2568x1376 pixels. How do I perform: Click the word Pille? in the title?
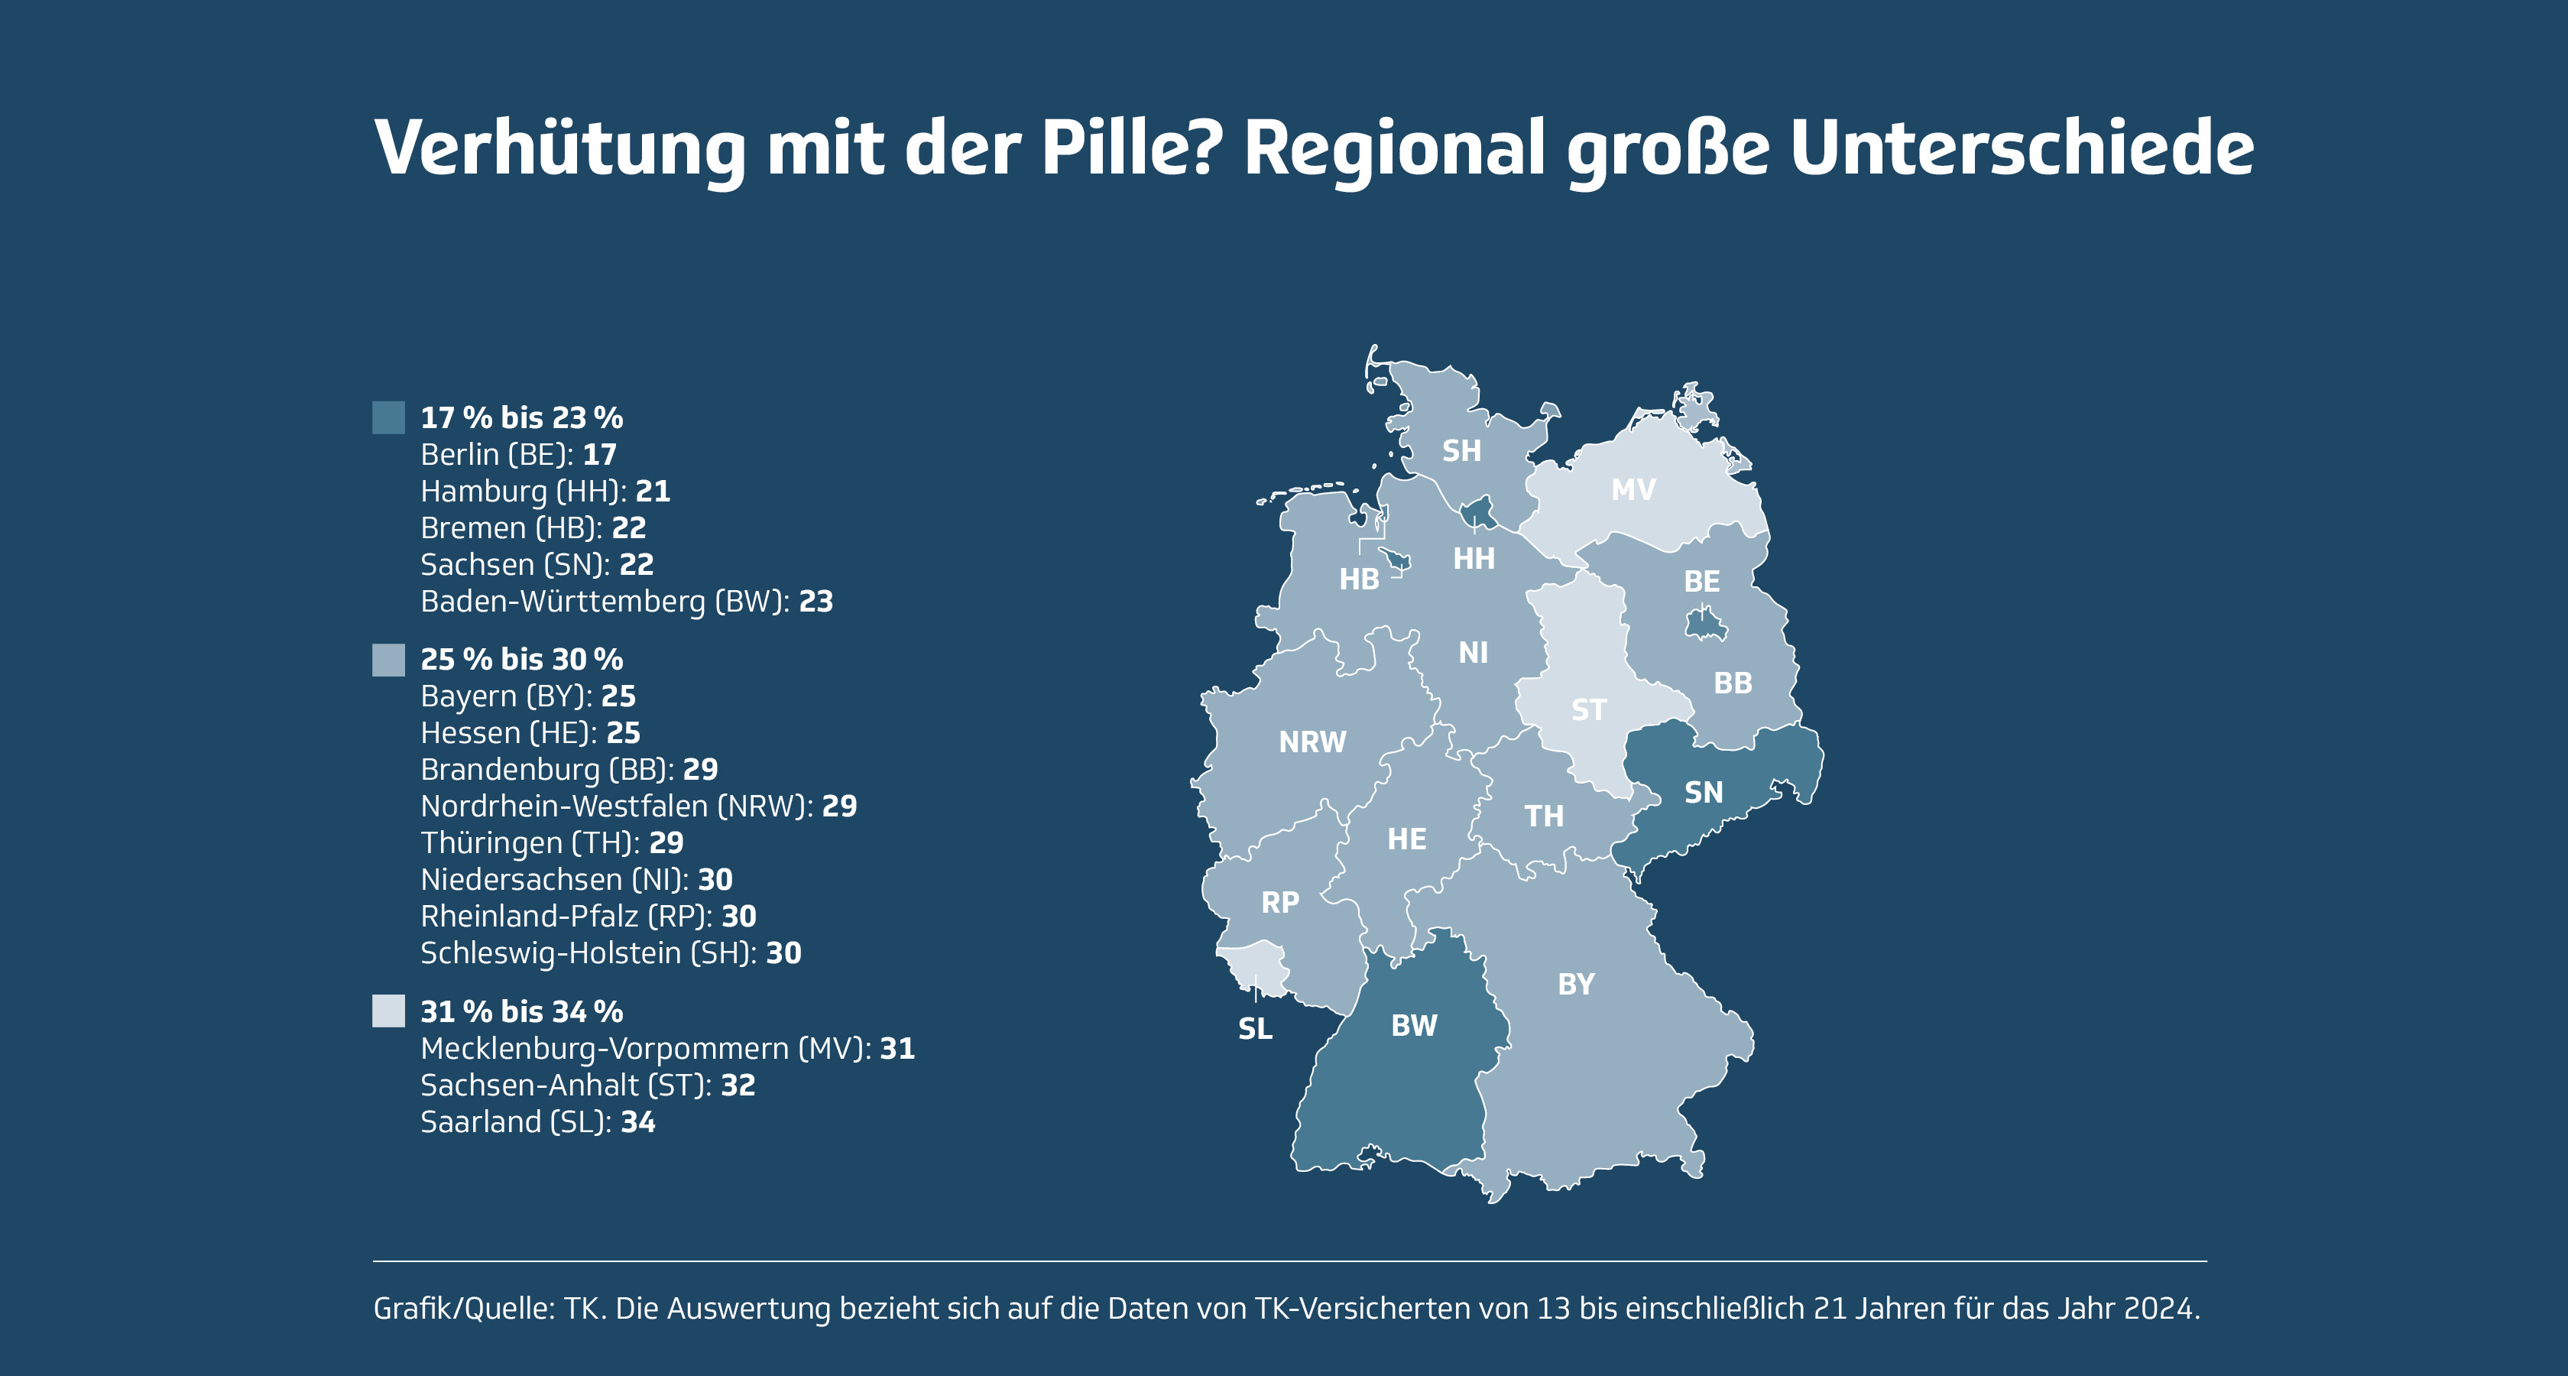tap(1127, 148)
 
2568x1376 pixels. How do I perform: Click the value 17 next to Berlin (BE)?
tap(600, 455)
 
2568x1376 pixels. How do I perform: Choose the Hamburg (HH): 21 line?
tap(545, 492)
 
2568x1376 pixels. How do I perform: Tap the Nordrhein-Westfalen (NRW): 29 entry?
tap(638, 806)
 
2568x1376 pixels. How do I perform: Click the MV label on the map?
tap(1633, 489)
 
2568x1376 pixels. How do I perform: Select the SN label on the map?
tap(1704, 793)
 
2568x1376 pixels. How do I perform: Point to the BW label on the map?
tap(1414, 1026)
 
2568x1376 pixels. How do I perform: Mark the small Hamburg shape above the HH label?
tap(1477, 512)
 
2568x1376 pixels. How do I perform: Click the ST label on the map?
tap(1588, 710)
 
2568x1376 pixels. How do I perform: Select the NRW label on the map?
tap(1312, 742)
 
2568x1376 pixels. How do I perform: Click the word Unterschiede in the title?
tap(2022, 148)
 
